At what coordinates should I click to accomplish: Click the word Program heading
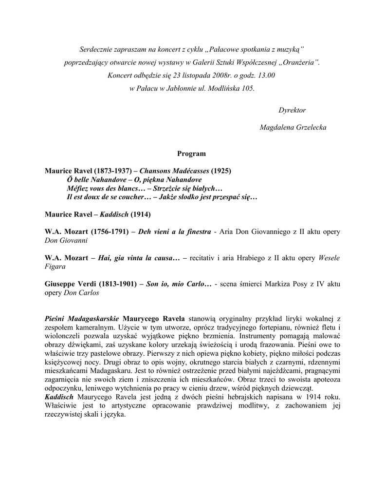(x=191, y=154)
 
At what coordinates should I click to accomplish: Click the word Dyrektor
(x=292, y=110)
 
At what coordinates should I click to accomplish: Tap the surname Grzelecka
(x=309, y=127)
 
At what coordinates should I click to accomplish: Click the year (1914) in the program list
(x=141, y=214)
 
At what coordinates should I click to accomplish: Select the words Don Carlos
(x=81, y=293)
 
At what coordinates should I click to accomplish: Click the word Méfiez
(x=78, y=188)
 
